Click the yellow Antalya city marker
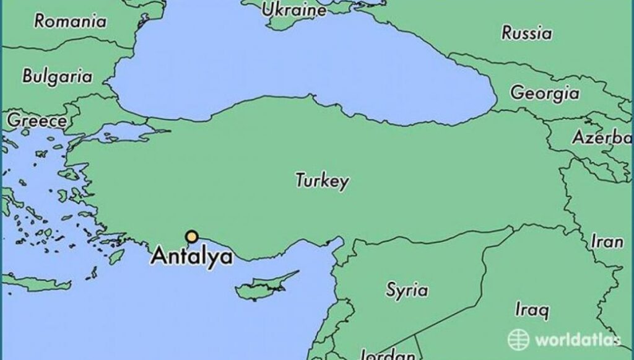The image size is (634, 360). pos(192,236)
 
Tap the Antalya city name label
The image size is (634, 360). pos(192,256)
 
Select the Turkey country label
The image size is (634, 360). pos(321,181)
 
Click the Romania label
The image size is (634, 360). pos(70,21)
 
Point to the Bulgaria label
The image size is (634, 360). pos(57,77)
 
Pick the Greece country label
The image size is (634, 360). pos(36,120)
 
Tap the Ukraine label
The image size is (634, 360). pos(293,10)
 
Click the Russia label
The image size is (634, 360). pos(526,32)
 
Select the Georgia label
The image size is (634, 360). pos(545,93)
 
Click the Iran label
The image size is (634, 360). pos(607,241)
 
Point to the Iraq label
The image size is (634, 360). pos(531,309)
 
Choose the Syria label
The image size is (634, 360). pos(407,289)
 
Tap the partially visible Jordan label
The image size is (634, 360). pos(387,355)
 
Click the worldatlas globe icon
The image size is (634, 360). pos(518,339)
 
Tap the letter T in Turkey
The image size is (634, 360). pos(300,180)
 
